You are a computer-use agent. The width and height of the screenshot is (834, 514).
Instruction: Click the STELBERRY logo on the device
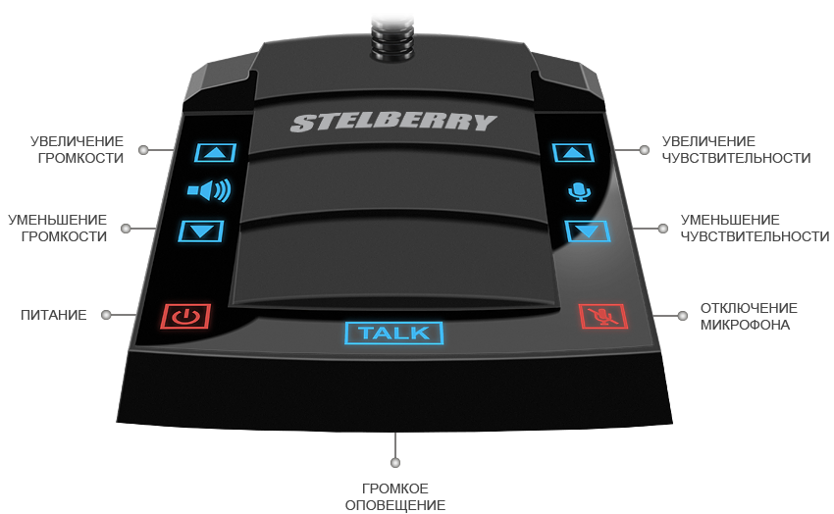(x=392, y=123)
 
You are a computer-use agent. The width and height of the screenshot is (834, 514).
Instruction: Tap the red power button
(x=185, y=316)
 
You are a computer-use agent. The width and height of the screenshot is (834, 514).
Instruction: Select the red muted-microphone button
(x=601, y=316)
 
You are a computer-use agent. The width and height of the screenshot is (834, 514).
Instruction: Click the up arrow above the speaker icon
(x=216, y=152)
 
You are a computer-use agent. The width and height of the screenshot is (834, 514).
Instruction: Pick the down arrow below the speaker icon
(x=201, y=231)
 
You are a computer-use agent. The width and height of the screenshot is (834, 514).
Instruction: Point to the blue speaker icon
(x=208, y=190)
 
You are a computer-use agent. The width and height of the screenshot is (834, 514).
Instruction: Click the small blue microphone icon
(x=581, y=191)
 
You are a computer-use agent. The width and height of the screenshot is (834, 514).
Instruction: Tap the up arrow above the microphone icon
(x=574, y=152)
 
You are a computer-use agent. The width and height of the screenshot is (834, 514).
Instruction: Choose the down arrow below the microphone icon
(x=587, y=231)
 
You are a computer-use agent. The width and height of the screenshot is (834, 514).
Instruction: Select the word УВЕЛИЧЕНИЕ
(x=77, y=142)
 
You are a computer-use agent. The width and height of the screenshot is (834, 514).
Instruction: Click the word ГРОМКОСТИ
(x=78, y=157)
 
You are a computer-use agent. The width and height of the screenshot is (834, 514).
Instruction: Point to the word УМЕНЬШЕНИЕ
(x=730, y=220)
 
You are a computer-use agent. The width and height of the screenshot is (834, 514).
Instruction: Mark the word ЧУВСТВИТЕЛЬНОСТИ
(x=755, y=235)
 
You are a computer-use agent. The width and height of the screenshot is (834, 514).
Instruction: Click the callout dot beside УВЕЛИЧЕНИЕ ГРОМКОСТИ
(x=143, y=150)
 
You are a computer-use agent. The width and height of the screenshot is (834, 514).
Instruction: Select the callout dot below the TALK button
(x=395, y=461)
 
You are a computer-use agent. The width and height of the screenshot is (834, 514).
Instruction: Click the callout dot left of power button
(x=106, y=315)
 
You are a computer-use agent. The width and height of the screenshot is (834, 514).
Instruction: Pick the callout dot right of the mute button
(x=682, y=315)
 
